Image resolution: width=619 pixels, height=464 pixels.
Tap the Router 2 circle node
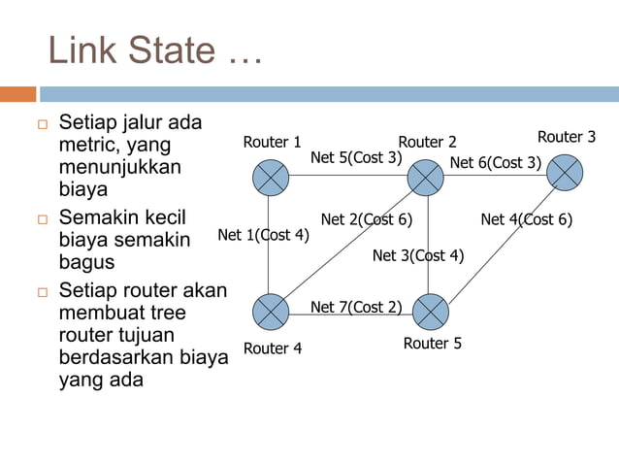click(425, 177)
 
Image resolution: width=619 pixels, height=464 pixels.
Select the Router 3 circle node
click(565, 172)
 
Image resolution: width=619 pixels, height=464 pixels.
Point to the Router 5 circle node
click(431, 312)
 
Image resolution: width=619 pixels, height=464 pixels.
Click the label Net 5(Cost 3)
click(355, 157)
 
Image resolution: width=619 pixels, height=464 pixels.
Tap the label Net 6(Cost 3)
click(495, 162)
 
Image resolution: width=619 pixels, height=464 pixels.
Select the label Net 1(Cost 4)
click(263, 235)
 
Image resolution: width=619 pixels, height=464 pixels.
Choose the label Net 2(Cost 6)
click(367, 219)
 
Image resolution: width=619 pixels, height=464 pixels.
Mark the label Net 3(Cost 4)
click(418, 256)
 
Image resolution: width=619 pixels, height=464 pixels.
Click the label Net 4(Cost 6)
click(526, 219)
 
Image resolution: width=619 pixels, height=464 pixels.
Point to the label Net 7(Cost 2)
click(355, 307)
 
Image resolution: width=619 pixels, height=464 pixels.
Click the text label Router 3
click(567, 137)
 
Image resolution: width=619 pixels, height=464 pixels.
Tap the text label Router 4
click(273, 348)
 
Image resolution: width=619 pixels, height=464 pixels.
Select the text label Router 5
click(433, 344)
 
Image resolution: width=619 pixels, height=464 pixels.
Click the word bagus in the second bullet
click(86, 262)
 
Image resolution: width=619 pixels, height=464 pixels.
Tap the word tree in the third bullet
click(166, 313)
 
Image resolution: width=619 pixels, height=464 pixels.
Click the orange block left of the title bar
click(17, 94)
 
